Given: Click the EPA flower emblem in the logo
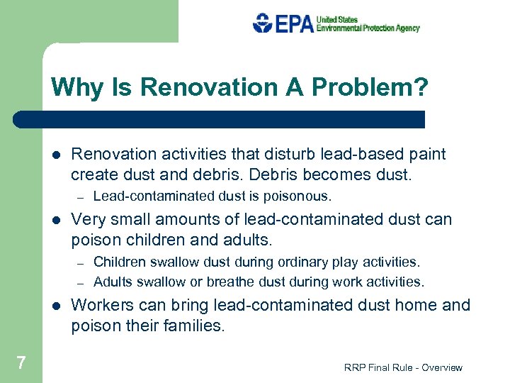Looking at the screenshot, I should (263, 23).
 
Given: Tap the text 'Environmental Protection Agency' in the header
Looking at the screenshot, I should (368, 28).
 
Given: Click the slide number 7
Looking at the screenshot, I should (21, 363).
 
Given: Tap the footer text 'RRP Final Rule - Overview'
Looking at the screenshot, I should (402, 367).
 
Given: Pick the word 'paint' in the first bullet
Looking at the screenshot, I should (428, 154).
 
